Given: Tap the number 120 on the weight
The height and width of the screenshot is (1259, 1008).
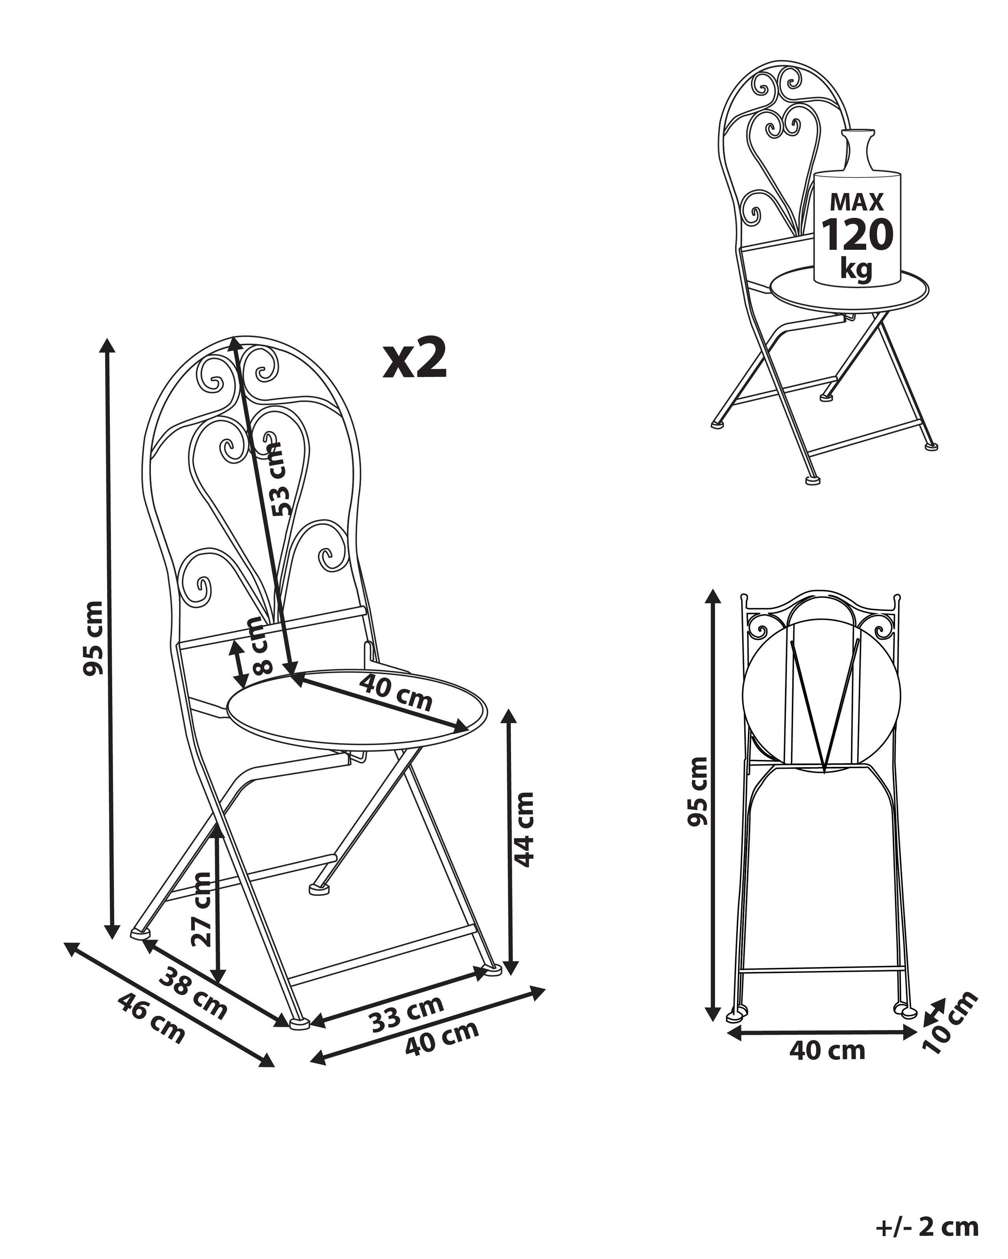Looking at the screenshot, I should click(x=857, y=235).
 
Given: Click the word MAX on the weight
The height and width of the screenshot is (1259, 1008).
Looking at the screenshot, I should click(x=857, y=202).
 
